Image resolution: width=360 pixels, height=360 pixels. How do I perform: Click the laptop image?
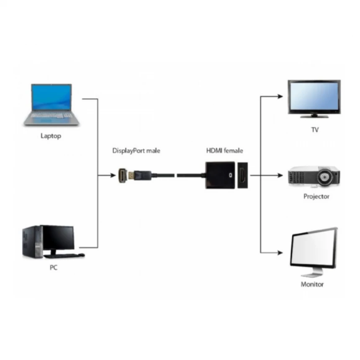point(51,105)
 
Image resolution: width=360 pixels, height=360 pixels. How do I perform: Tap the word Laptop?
point(51,136)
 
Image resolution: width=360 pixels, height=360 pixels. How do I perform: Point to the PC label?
point(53,267)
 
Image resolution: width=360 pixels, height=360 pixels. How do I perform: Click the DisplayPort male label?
point(136,151)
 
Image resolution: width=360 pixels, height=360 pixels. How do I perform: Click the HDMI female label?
point(224,151)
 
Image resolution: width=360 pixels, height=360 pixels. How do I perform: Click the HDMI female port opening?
point(243,175)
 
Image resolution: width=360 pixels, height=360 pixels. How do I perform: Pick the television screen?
point(314,96)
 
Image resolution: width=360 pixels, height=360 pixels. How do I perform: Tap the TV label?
point(315,130)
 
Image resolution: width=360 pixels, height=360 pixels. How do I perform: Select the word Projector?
point(316,196)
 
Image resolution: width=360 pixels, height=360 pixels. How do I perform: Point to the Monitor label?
point(312,284)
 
